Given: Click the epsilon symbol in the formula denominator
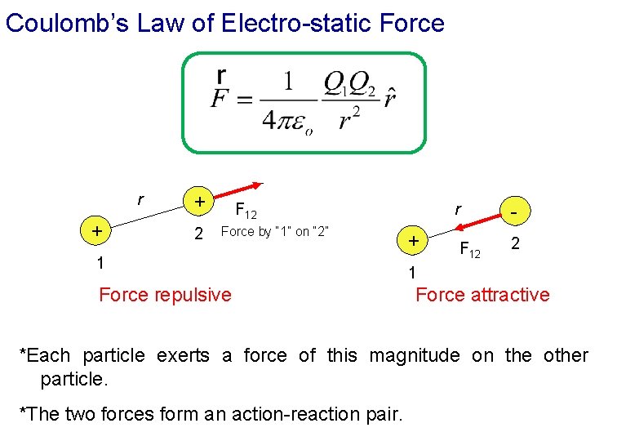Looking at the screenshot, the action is [x=300, y=127].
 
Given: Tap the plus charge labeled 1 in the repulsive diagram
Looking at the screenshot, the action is [x=97, y=231].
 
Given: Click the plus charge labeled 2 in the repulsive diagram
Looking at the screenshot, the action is [x=197, y=200].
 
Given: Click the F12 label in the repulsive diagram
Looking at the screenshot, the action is [x=246, y=212].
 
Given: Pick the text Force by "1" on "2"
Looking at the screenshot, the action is [x=275, y=231].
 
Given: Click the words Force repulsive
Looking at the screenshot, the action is [x=165, y=294].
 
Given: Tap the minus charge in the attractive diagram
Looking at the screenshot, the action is [x=514, y=211].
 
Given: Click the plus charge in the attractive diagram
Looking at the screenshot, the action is [x=415, y=241].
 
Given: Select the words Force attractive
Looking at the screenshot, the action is [x=482, y=295].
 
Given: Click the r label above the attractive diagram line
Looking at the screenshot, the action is [x=459, y=211].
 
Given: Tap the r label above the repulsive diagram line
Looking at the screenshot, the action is [x=140, y=199].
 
